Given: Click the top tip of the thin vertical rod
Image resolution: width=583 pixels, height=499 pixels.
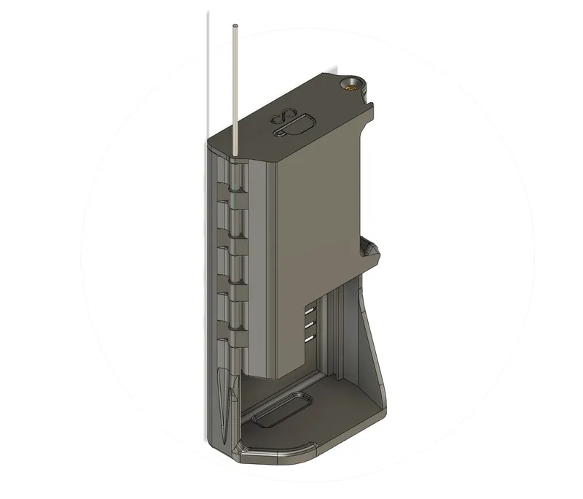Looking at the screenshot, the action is pos(235,26).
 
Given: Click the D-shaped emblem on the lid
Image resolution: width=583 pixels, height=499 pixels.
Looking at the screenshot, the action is pos(294,127).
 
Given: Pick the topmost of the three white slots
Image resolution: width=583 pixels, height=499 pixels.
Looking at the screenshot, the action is pos(310,309).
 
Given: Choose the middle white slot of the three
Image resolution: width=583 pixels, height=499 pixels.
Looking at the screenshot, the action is pos(310,323).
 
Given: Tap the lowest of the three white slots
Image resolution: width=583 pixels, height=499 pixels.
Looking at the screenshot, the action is pos(310,339).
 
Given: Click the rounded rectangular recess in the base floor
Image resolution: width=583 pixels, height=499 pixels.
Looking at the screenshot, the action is pos(283,410).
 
